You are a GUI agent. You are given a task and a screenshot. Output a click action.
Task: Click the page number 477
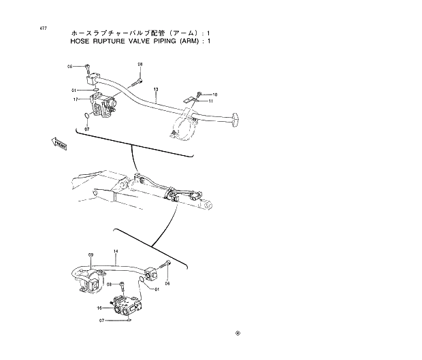[x=44, y=28]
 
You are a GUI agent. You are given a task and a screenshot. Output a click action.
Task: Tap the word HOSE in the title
[x=79, y=42]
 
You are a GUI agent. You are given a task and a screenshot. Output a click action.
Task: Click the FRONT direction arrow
[x=59, y=142]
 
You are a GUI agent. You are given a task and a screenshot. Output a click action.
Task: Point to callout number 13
[x=156, y=90]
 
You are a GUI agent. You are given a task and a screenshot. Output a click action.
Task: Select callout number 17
[x=77, y=99]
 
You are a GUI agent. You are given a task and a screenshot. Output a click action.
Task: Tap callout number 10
[x=214, y=95]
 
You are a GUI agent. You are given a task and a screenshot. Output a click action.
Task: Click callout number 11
[x=211, y=101]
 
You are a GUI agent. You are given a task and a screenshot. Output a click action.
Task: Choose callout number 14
[x=116, y=251]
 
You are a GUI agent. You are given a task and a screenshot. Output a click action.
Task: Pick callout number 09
[x=91, y=255]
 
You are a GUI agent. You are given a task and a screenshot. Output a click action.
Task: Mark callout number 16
[x=99, y=308]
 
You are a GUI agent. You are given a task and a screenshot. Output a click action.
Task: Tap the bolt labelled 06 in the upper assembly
[x=88, y=67]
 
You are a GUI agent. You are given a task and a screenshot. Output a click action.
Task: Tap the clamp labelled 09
[x=88, y=280]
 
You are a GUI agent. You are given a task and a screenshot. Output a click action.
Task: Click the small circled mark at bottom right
[x=238, y=333]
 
